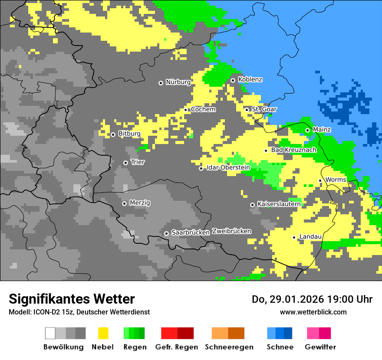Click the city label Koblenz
coord(250,80)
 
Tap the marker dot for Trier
coord(125,163)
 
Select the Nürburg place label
coord(178,82)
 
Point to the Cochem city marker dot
coord(186,110)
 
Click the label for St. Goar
coord(264,109)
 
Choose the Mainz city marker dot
coord(307,130)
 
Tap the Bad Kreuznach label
coord(293,150)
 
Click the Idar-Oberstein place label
coord(228,167)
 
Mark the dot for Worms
coord(320,180)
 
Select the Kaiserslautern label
coord(279,204)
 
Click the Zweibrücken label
coord(231,231)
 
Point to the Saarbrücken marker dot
coord(166,233)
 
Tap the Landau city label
coord(310,237)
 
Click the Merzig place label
coord(140,203)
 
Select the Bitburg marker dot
coord(113,134)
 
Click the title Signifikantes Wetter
coord(72,299)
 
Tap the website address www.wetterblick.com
coord(313,312)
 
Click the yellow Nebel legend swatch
coord(103,333)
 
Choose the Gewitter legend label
coord(320,347)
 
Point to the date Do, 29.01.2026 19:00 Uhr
coord(312,299)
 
